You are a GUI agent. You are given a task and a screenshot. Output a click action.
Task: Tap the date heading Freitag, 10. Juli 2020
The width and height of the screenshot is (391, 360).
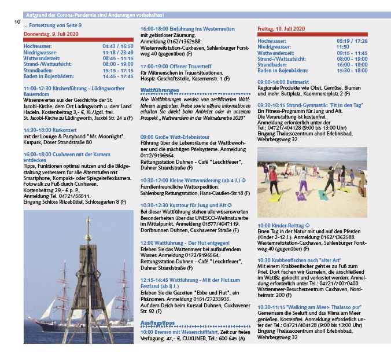(282, 28)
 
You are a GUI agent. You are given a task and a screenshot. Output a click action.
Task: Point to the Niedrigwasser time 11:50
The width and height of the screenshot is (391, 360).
(345, 47)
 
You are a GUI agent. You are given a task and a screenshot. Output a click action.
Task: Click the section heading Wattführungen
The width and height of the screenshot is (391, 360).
(159, 91)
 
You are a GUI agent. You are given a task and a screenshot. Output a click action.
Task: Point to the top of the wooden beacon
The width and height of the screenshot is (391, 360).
(87, 222)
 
